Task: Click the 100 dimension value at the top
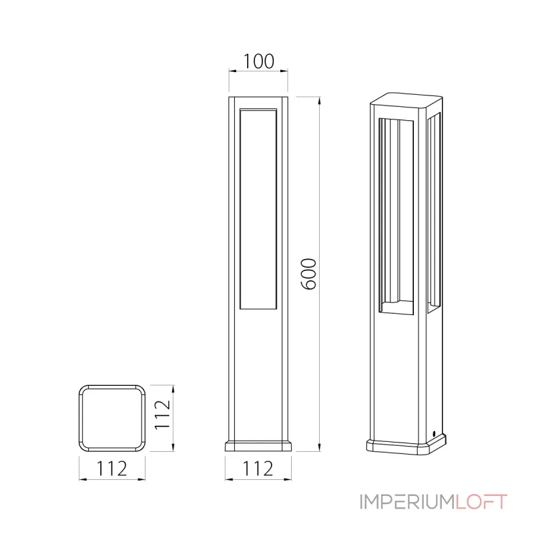click(258, 61)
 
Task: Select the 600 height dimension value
click(309, 274)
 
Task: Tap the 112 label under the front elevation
click(258, 469)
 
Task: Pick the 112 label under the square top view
click(112, 469)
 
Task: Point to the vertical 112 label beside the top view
click(162, 415)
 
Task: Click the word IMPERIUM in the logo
click(407, 502)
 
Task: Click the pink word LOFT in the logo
click(481, 502)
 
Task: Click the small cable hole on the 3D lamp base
click(435, 433)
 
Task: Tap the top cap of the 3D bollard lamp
click(407, 99)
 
